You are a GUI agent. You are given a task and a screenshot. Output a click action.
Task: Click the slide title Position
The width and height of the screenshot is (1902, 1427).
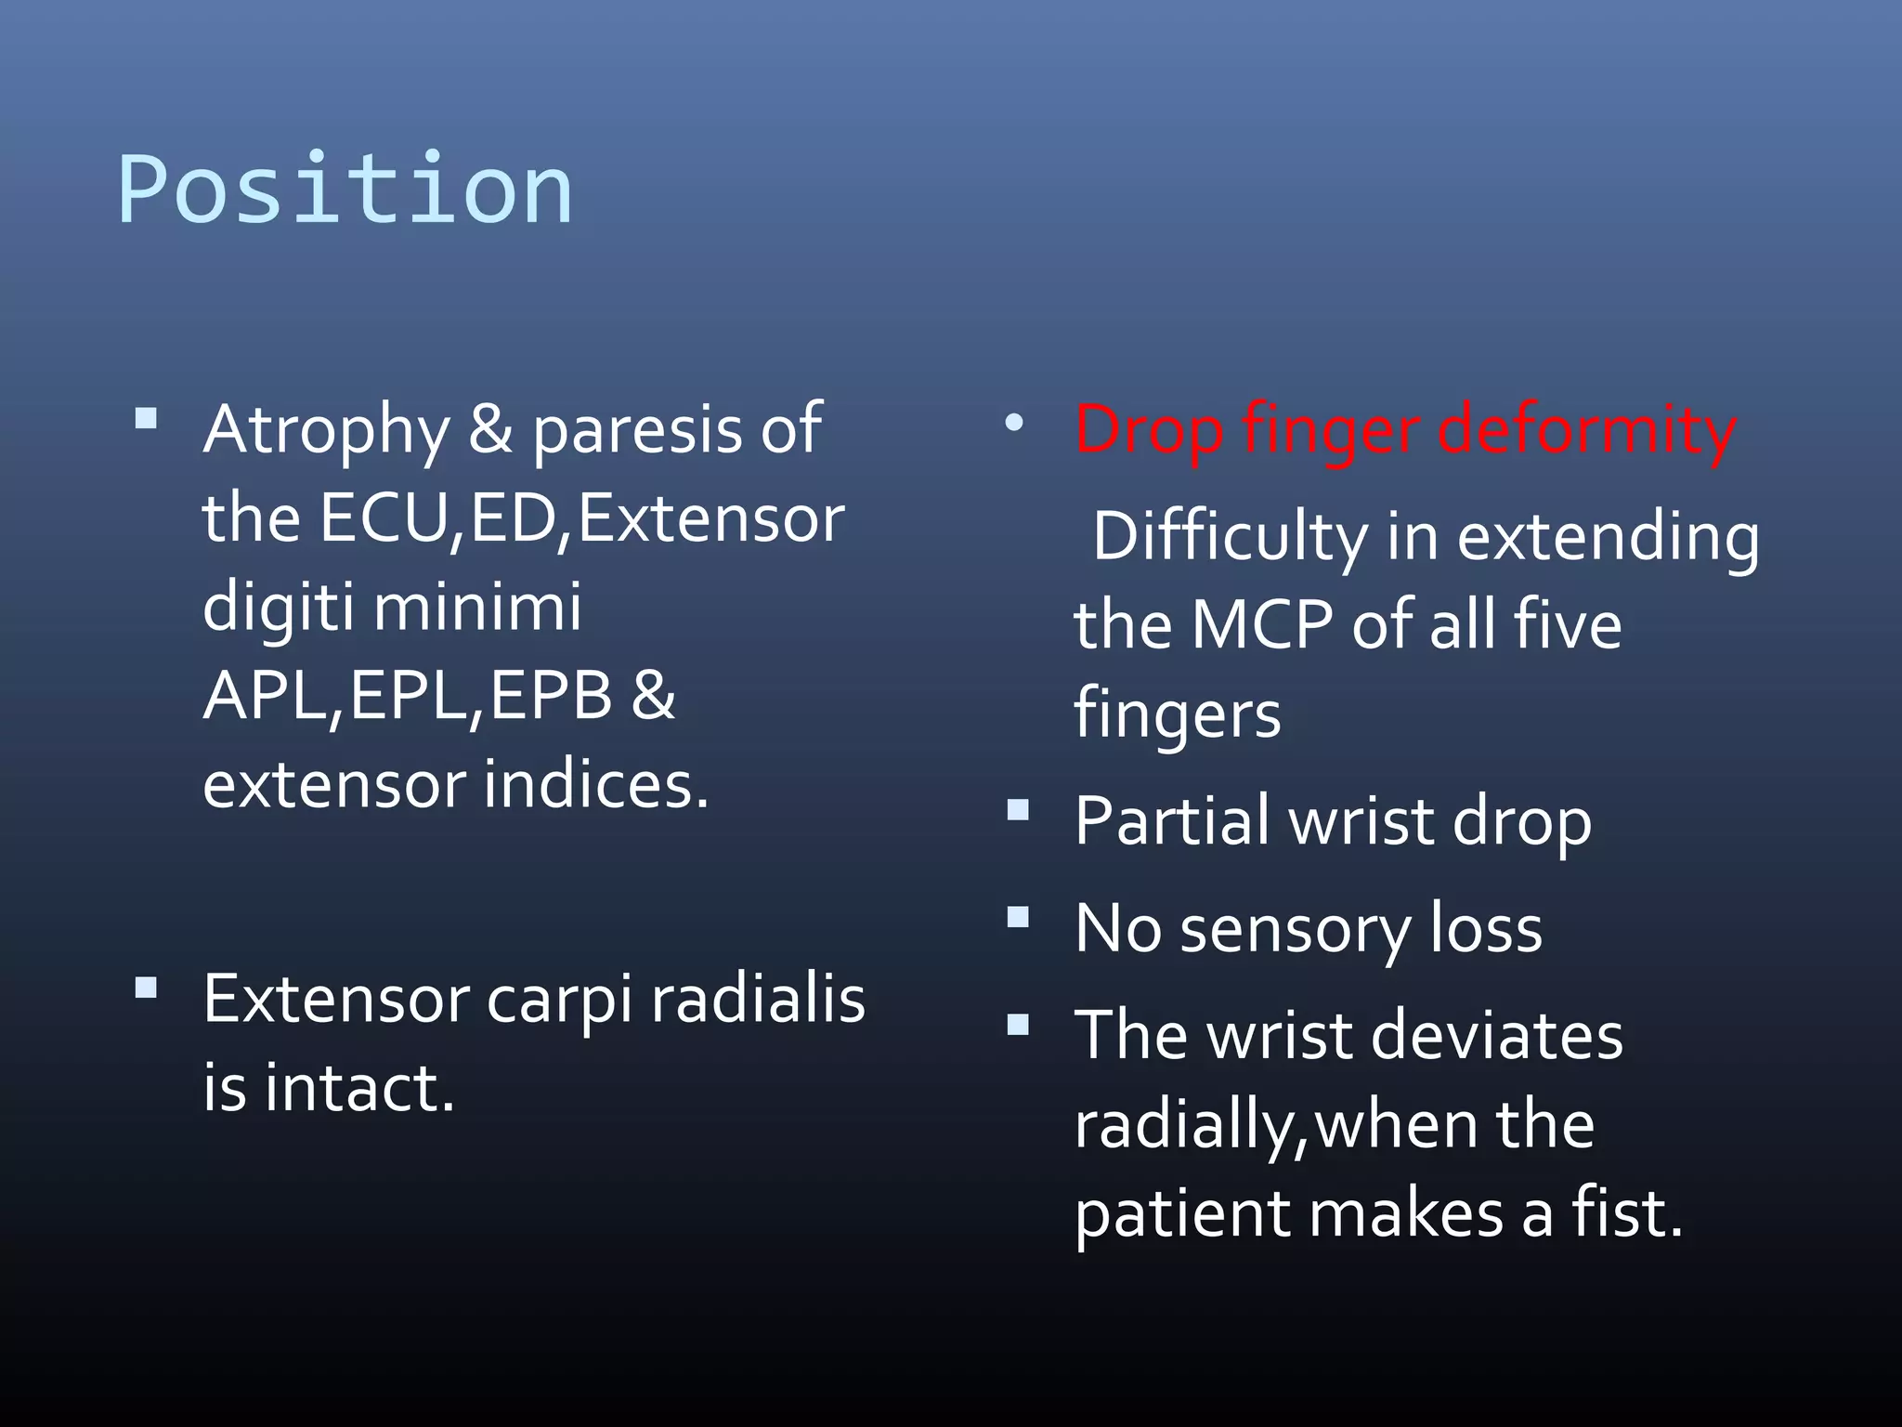[345, 190]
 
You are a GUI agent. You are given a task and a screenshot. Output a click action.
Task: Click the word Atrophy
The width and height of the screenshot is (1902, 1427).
[326, 431]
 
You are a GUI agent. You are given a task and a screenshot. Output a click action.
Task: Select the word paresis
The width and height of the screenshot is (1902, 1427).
[637, 431]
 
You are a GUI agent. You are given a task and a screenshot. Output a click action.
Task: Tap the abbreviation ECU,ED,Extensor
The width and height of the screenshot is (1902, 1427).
[581, 518]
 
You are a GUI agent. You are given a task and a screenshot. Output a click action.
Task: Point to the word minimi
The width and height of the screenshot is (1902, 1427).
[477, 607]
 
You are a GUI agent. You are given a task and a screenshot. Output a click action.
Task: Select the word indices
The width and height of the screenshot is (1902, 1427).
[595, 785]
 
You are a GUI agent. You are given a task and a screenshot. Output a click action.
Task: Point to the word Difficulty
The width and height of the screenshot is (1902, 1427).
[1230, 537]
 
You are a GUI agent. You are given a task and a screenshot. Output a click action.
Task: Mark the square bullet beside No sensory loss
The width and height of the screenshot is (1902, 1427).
[1019, 919]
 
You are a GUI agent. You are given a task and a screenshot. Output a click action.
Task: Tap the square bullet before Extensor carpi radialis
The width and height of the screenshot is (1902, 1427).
[146, 988]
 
